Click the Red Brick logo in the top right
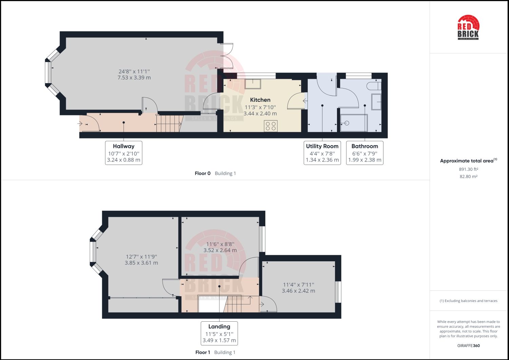(x=468, y=27)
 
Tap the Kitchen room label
(x=260, y=100)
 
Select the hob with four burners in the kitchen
(x=271, y=126)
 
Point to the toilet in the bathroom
(x=376, y=85)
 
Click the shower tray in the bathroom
(x=354, y=123)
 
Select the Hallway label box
(x=124, y=153)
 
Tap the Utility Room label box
(x=322, y=153)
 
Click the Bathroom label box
(x=364, y=153)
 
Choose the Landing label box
(x=219, y=333)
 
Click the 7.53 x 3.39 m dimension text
(x=134, y=78)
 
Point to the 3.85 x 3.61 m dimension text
(x=141, y=263)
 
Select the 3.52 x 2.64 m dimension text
(x=220, y=250)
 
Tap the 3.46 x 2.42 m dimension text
(x=298, y=291)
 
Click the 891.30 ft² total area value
(x=469, y=169)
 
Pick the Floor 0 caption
(x=203, y=173)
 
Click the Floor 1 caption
(x=203, y=352)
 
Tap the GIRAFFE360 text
(x=468, y=346)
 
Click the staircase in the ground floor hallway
(x=169, y=124)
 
